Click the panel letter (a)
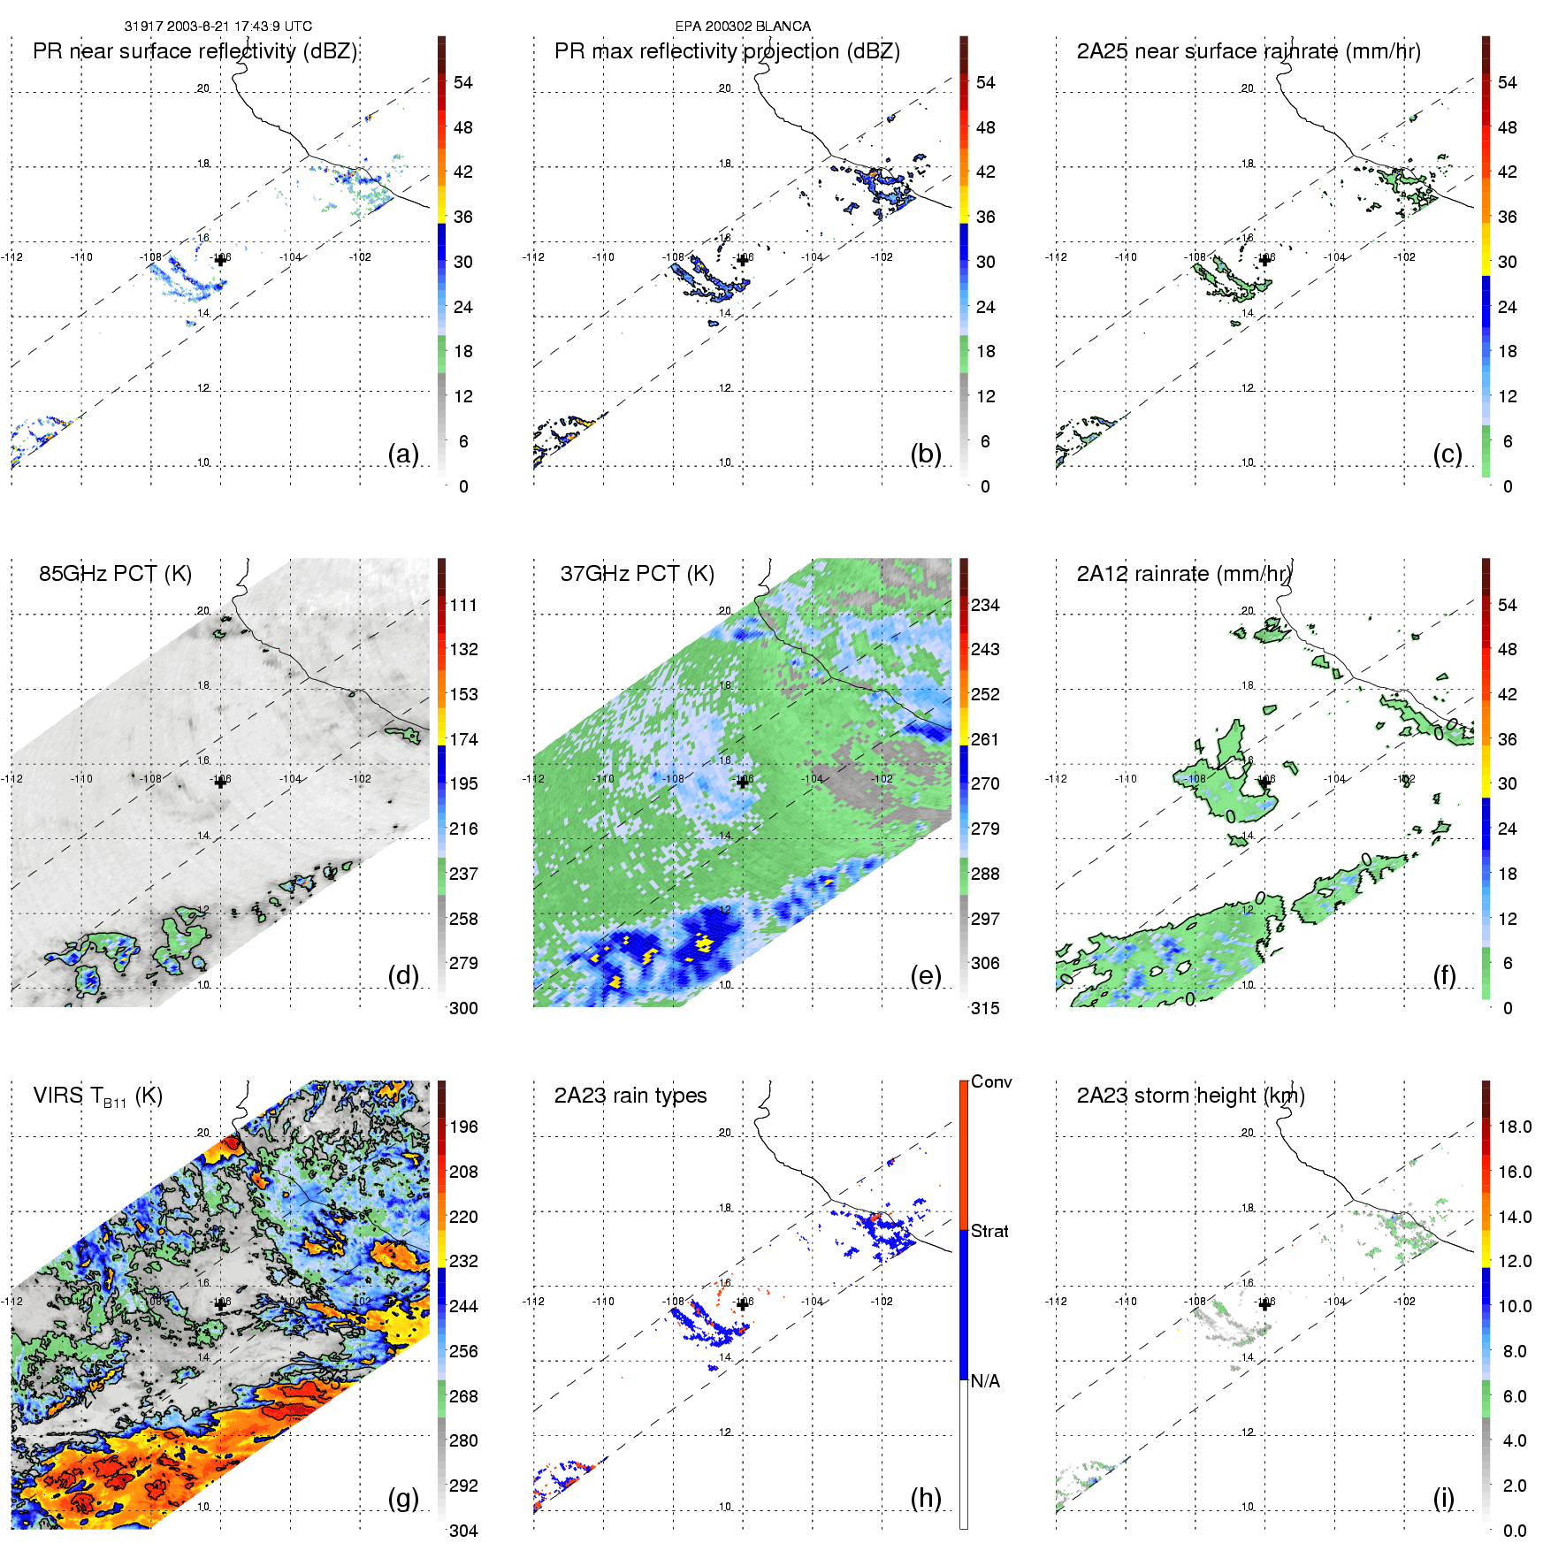[x=402, y=454]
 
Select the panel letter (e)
[x=925, y=975]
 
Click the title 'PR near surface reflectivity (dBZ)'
[x=195, y=51]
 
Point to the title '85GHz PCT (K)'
[x=115, y=573]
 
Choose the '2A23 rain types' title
[x=630, y=1096]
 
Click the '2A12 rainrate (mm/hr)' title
[x=1184, y=573]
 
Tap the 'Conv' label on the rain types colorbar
[x=990, y=1081]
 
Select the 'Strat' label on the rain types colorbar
[x=989, y=1231]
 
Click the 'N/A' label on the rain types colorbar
[x=985, y=1381]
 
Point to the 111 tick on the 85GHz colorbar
[x=463, y=605]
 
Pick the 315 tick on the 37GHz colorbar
[x=985, y=1008]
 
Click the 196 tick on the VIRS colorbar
[x=463, y=1127]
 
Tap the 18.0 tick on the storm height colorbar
[x=1514, y=1127]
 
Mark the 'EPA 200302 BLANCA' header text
[x=743, y=27]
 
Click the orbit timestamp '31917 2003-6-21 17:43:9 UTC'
[x=218, y=27]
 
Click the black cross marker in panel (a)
[x=220, y=260]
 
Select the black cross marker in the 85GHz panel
[x=220, y=782]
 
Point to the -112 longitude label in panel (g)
[x=12, y=1301]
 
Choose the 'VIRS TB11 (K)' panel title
[x=97, y=1096]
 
